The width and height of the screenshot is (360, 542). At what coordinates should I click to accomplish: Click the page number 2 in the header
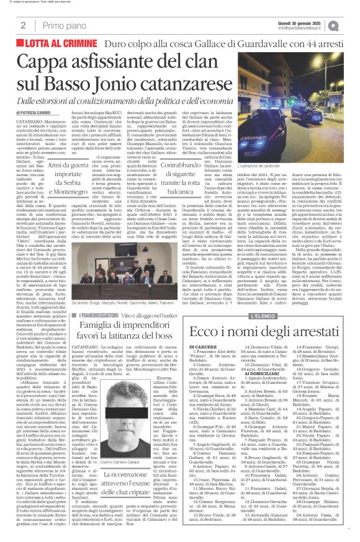(23, 25)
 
